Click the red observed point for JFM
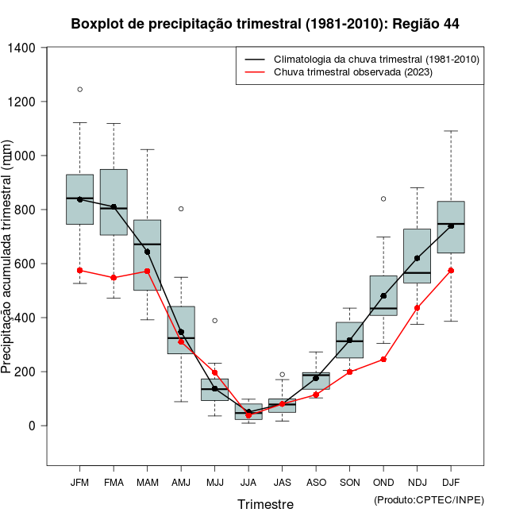79,270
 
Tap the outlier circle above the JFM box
79,89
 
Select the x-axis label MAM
147,483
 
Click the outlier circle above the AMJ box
181,209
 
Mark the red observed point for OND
383,360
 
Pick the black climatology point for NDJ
418,258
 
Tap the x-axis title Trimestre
265,504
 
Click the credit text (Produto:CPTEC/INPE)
429,499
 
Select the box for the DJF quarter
451,227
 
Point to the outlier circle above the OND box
383,198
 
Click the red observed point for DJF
451,270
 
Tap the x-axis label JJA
248,483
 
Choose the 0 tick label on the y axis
32,426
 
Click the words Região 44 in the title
425,24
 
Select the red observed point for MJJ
214,372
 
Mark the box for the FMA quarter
114,202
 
